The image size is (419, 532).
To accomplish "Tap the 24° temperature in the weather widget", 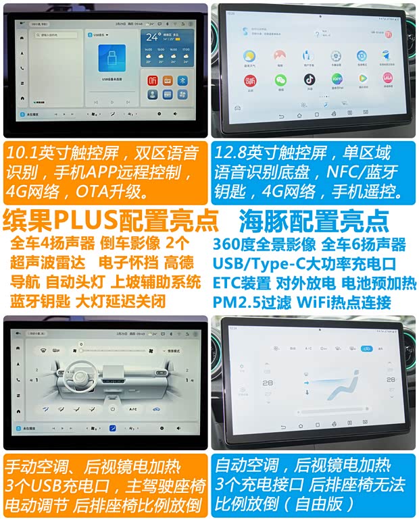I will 153,37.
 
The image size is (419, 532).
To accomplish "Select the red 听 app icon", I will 153,80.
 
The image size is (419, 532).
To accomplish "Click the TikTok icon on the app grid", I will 305,78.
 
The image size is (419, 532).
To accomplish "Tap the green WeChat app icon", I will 278,79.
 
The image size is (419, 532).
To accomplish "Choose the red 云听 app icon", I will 250,79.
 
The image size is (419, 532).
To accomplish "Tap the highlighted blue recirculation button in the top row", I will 368,348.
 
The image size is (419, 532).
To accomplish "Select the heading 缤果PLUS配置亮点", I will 111,220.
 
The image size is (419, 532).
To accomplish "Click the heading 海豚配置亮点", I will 314,220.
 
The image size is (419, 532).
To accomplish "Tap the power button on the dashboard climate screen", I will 112,409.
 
